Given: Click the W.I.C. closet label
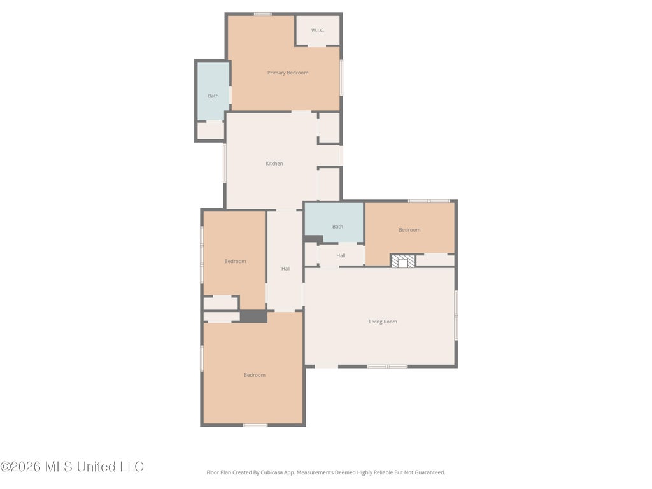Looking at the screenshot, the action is click(x=318, y=31).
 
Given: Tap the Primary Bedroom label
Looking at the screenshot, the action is click(x=288, y=73).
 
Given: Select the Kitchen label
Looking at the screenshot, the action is click(x=274, y=164).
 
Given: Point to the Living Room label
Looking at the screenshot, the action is click(x=383, y=322).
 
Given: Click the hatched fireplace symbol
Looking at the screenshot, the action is click(x=403, y=262).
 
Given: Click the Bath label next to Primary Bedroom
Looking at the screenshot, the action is click(x=213, y=96).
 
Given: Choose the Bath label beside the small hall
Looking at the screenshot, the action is click(x=337, y=227).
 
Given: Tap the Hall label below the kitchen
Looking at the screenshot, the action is click(x=286, y=269).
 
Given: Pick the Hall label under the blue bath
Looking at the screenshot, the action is click(x=341, y=256).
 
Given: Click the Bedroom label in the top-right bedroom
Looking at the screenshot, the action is click(x=409, y=229).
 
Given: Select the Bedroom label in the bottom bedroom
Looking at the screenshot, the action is click(x=255, y=375).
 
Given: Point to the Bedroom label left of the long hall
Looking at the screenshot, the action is click(x=236, y=261).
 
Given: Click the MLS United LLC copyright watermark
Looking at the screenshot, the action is click(x=72, y=467).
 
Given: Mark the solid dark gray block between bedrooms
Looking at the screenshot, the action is click(x=253, y=316).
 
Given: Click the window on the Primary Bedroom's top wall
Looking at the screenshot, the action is click(x=263, y=14).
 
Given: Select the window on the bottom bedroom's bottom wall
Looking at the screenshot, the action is click(x=255, y=425).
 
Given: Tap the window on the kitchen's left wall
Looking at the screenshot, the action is click(x=225, y=163).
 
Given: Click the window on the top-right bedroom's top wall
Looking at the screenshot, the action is click(x=429, y=201).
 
